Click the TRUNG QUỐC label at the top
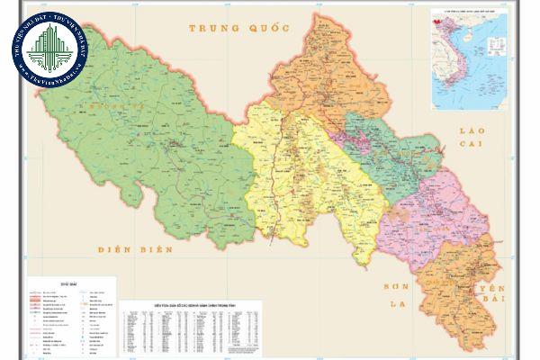238,28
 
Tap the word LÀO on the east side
471,132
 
